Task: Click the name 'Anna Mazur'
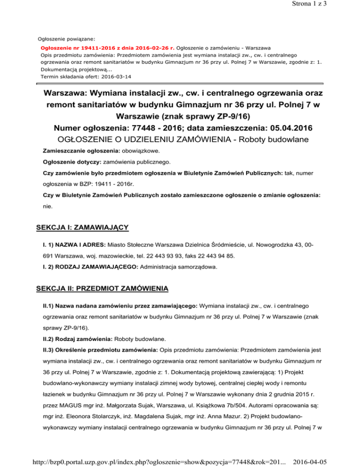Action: (x=234, y=414)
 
